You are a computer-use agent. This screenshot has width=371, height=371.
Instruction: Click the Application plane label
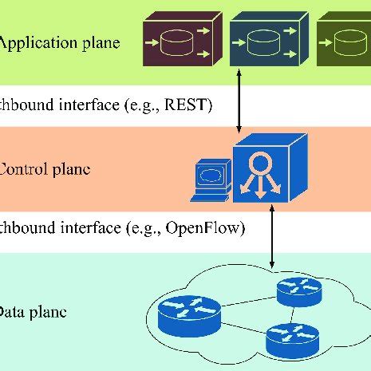coord(59,43)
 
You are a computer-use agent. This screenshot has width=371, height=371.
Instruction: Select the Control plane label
coord(45,169)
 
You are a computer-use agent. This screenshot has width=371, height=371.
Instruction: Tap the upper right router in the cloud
coord(298,291)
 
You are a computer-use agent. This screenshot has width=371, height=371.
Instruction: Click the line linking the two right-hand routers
coord(294,313)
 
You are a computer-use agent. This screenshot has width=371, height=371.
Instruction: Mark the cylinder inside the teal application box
coord(264,42)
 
